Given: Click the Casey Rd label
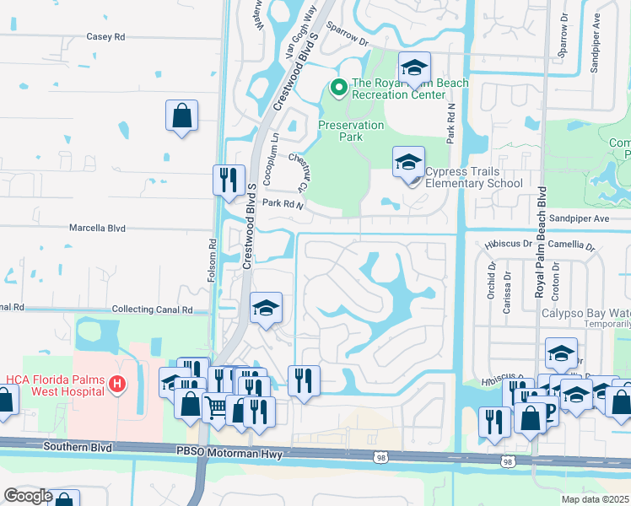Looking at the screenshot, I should pos(105,37).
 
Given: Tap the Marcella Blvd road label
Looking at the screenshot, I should pos(97,229).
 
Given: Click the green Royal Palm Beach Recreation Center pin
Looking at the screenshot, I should pos(338,86).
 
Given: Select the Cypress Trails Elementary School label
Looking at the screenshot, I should pos(473,177).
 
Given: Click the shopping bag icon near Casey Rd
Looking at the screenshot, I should pos(182,116).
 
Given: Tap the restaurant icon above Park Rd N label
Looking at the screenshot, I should pos(228,181).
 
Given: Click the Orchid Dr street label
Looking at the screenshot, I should pos(491,283).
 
